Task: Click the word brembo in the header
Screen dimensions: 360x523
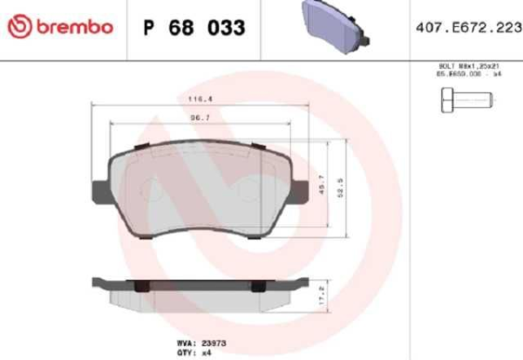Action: (75, 27)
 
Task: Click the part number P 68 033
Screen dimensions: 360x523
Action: (193, 28)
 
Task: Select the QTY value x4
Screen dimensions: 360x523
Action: (208, 353)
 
